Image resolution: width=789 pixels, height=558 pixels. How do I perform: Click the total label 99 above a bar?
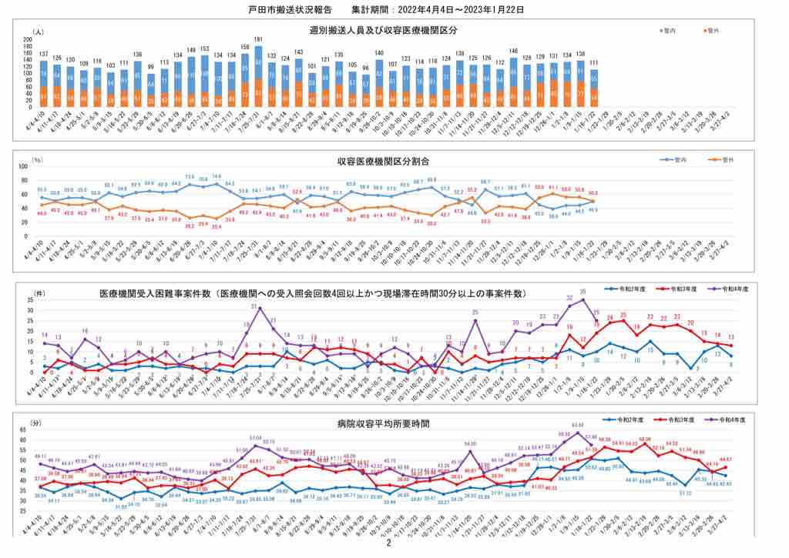tap(151, 67)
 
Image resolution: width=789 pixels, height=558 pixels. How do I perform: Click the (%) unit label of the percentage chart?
tap(36, 160)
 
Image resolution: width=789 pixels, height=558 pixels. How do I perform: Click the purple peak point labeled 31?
tap(260, 309)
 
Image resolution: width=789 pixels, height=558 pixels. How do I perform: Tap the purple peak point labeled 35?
tap(583, 300)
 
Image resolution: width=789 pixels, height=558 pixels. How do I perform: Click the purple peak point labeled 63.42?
tap(579, 432)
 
